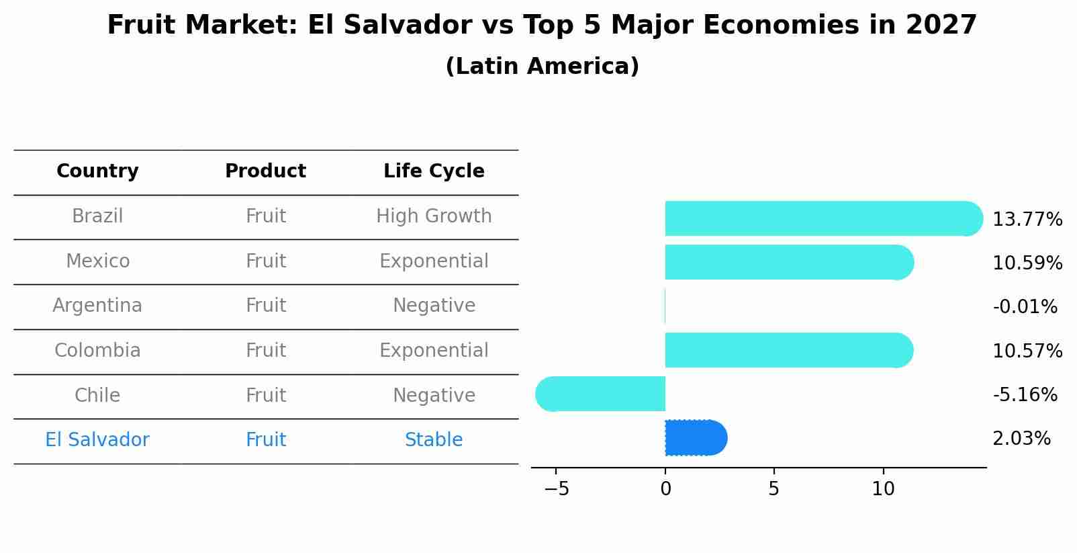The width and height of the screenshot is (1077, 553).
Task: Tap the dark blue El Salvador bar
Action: [696, 438]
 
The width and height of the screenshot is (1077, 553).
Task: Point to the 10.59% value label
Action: [1027, 263]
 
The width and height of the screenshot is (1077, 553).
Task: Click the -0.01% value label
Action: [1025, 307]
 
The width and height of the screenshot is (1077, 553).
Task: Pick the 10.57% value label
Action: [1027, 351]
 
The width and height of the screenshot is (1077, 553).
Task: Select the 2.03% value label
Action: [1021, 439]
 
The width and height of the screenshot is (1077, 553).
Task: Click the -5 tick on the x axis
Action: [557, 489]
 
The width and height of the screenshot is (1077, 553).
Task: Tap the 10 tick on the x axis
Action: [883, 489]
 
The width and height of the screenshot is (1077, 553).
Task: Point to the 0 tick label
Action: [665, 489]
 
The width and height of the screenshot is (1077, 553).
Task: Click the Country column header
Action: [97, 171]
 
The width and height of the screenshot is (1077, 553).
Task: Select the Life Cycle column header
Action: [434, 171]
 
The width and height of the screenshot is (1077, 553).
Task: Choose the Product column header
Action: [265, 171]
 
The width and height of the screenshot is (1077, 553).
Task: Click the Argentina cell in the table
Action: [97, 306]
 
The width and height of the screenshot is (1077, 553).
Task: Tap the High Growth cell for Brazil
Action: [434, 216]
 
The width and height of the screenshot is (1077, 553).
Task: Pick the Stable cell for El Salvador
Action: [434, 440]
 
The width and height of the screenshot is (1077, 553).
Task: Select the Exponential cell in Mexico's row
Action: [434, 261]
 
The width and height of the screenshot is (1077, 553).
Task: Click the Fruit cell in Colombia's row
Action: [265, 351]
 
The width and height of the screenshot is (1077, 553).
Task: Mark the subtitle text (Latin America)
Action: [542, 67]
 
